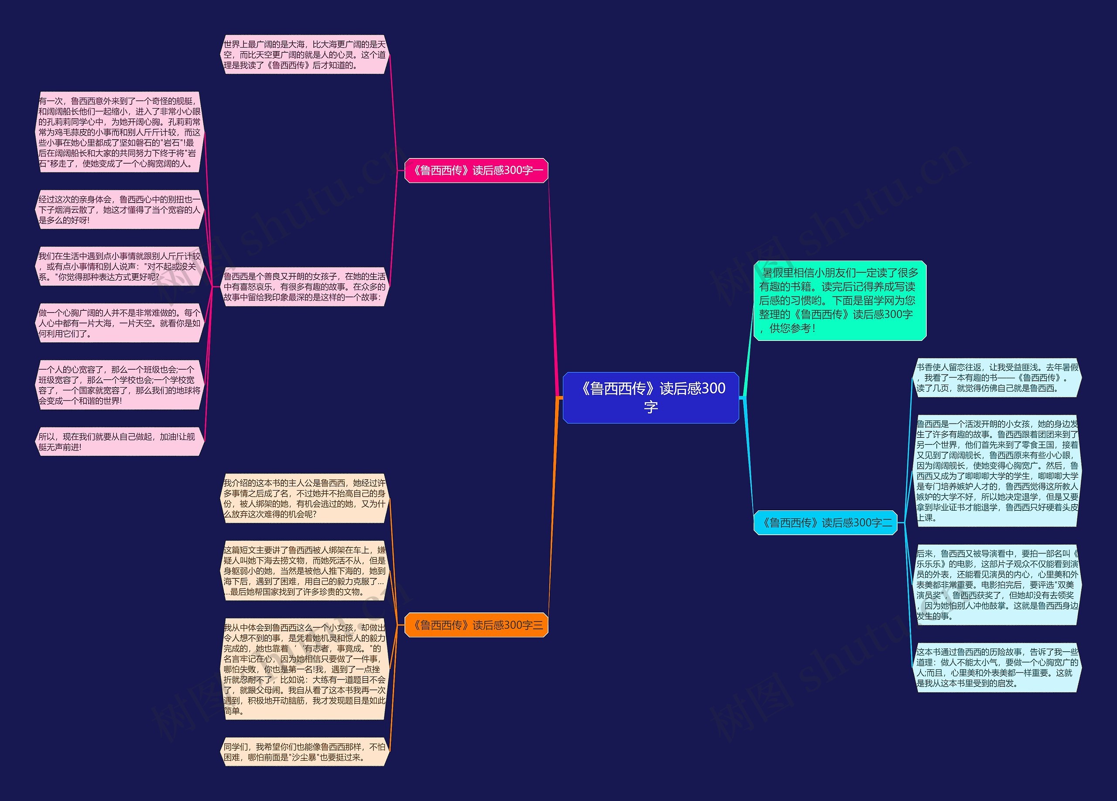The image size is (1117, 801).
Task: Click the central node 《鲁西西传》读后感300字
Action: (651, 398)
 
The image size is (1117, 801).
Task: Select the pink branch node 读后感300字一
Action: (476, 170)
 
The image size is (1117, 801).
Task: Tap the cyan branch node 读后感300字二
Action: (826, 523)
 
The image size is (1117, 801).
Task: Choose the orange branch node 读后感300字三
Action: (476, 625)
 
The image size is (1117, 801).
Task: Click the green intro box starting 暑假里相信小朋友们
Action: (840, 300)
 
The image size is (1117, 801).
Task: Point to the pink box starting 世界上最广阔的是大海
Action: (305, 55)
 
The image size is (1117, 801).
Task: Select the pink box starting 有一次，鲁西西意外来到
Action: (120, 132)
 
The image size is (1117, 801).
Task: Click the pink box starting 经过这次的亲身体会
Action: (120, 210)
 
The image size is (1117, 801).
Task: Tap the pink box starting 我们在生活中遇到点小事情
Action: (120, 267)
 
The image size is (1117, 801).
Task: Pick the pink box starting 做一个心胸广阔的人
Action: (120, 323)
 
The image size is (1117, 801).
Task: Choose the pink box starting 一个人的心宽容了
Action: (120, 385)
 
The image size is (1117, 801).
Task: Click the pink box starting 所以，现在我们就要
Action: (120, 442)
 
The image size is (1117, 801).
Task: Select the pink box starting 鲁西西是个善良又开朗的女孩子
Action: (305, 287)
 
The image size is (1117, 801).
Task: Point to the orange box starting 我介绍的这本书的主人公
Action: (305, 498)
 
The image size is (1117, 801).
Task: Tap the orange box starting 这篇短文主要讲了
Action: (305, 571)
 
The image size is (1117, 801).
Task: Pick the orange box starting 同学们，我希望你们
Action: (305, 752)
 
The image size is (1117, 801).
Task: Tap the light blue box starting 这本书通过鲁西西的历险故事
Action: (997, 667)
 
